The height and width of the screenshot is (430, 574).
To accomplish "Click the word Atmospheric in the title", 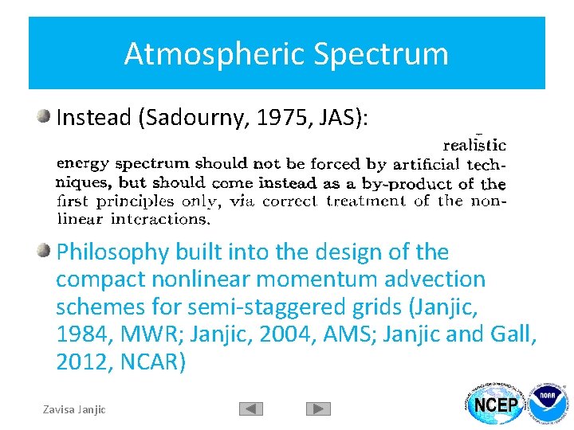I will pyautogui.click(x=214, y=54).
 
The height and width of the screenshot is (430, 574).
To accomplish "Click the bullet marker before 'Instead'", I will pyautogui.click(x=44, y=117).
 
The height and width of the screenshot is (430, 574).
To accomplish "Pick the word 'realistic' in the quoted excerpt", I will pyautogui.click(x=474, y=145).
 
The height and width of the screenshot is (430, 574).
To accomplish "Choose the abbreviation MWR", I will pyautogui.click(x=148, y=335).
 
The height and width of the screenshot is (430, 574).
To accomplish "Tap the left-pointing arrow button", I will pyautogui.click(x=251, y=408).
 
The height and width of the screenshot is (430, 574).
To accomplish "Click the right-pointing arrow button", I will pyautogui.click(x=318, y=408).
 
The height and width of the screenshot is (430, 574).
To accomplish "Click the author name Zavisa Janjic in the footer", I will pyautogui.click(x=74, y=409).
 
